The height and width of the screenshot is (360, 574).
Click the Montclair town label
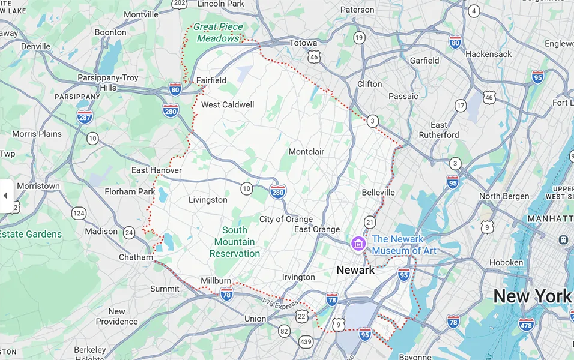[x=306, y=152]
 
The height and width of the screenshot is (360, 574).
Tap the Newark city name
[x=355, y=270]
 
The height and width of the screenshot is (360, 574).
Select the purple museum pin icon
[x=358, y=244]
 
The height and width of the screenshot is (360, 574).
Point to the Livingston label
[x=208, y=200]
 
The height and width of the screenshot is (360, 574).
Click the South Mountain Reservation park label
[x=234, y=242]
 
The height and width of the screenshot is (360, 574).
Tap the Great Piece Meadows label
[x=217, y=32]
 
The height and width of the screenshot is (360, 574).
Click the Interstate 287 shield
[x=85, y=116]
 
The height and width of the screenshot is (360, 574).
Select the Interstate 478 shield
[x=526, y=325]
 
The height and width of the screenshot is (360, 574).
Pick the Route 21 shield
[x=370, y=222]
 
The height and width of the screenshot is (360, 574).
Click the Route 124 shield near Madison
[x=79, y=213]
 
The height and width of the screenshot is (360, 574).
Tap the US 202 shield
[x=179, y=4]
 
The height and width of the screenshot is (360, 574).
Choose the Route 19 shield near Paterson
[x=359, y=38]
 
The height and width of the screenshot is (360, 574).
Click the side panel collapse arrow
[x=5, y=196]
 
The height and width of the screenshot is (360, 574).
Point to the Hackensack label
[x=489, y=54]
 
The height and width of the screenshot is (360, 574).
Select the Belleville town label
[x=378, y=193]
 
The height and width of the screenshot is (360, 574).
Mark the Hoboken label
[x=506, y=262]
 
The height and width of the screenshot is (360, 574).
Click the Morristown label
[x=38, y=186]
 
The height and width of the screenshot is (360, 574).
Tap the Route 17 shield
[x=461, y=106]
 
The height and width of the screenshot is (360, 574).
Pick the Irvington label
[x=298, y=277]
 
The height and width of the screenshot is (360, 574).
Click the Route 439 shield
[x=306, y=342]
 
